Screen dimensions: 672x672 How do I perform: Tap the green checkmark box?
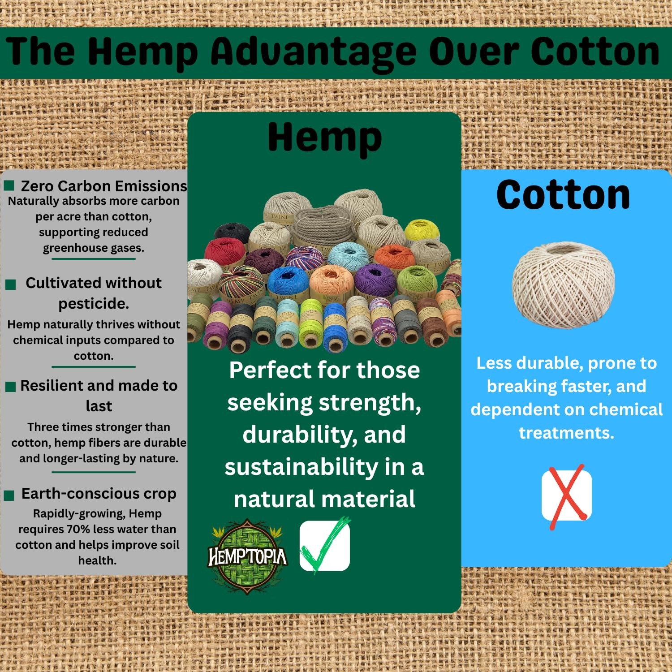tap(325, 545)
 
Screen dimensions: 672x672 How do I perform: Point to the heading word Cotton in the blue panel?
tap(563, 195)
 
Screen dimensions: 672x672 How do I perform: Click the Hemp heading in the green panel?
tap(325, 138)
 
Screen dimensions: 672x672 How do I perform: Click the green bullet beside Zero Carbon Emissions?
tap(9, 185)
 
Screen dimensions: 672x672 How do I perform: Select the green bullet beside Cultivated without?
tap(11, 284)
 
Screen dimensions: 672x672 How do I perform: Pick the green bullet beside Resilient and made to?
tap(11, 387)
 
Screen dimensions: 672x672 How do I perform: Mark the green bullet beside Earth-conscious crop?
tap(9, 495)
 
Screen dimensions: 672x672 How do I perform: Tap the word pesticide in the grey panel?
tap(94, 304)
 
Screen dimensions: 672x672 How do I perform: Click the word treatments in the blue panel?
tap(566, 433)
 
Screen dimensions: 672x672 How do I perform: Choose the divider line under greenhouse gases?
tap(93, 259)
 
